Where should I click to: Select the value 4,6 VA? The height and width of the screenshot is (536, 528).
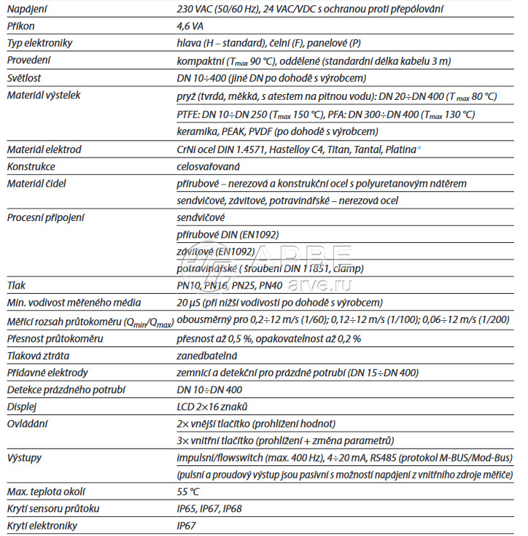pos(190,26)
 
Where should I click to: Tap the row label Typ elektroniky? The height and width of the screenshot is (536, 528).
pos(39,43)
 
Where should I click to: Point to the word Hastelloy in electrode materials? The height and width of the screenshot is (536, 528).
pos(302,149)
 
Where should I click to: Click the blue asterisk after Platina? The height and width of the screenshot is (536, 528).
pos(419,149)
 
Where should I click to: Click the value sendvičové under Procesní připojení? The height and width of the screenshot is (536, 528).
pos(201,217)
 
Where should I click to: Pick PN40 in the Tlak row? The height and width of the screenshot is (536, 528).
pos(271,285)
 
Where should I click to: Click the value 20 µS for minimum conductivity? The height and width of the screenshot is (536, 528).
pos(190,303)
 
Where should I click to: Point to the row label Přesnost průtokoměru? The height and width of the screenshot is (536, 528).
pos(55,338)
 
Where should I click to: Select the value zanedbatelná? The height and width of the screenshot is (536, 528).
pos(207,356)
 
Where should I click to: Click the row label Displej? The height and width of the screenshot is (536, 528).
pos(21,406)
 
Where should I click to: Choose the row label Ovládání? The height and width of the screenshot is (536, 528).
pos(26,423)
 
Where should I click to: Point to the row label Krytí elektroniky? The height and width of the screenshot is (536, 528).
pos(42,525)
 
